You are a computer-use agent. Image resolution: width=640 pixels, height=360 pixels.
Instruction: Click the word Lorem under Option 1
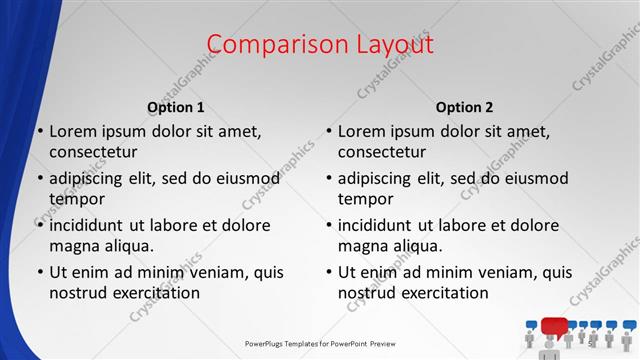pyautogui.click(x=73, y=131)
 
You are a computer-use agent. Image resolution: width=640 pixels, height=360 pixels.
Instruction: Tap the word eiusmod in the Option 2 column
pyautogui.click(x=531, y=179)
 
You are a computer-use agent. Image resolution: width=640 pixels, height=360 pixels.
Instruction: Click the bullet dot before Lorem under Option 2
pyautogui.click(x=329, y=132)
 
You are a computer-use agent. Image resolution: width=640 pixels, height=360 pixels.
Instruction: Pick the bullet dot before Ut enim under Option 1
pyautogui.click(x=40, y=273)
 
